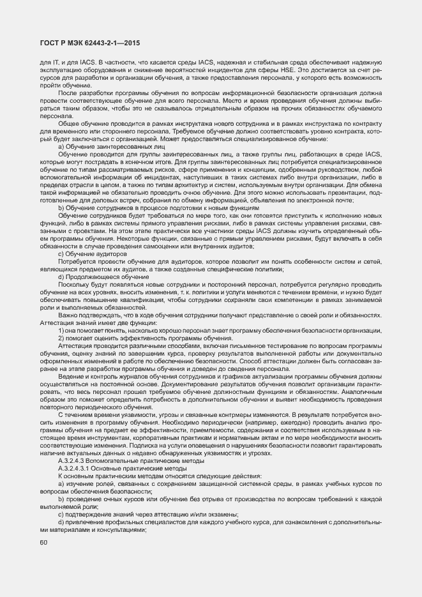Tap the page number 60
[x=43, y=543]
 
